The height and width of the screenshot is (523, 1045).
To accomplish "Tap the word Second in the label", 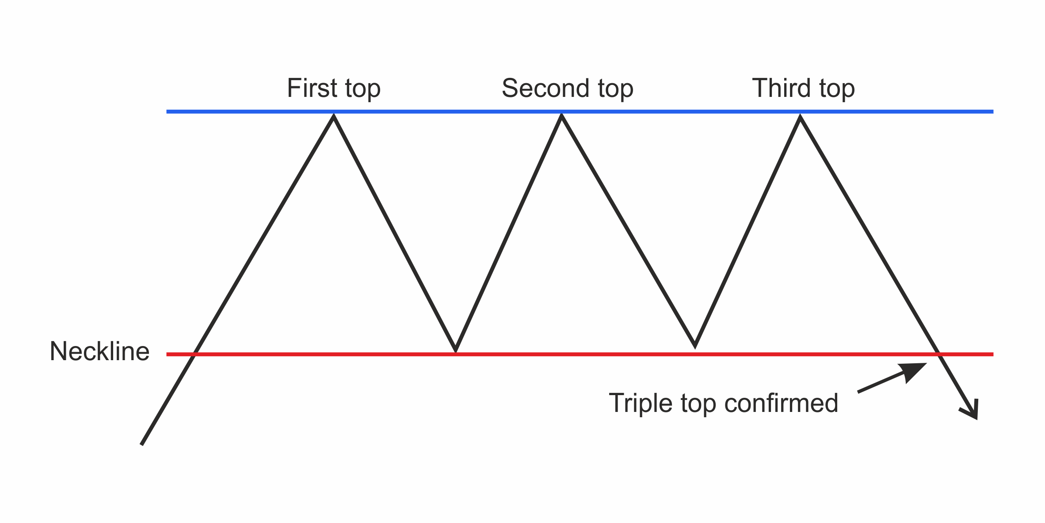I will click(545, 88).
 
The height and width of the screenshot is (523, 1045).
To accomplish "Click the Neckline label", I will click(99, 351).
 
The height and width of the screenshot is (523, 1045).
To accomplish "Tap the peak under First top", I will click(334, 116).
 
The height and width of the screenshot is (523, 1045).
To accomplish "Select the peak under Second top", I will click(561, 116).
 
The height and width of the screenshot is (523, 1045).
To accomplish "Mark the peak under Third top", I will click(800, 117).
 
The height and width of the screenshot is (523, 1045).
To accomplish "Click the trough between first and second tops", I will click(455, 350).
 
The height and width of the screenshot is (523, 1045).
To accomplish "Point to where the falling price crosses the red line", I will click(938, 354).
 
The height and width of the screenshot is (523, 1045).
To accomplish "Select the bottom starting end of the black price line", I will click(142, 443).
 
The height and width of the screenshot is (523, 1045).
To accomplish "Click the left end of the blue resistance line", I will click(168, 112).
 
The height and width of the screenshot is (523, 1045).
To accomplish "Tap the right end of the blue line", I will click(992, 112).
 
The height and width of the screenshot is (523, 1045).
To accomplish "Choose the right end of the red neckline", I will click(992, 354).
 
